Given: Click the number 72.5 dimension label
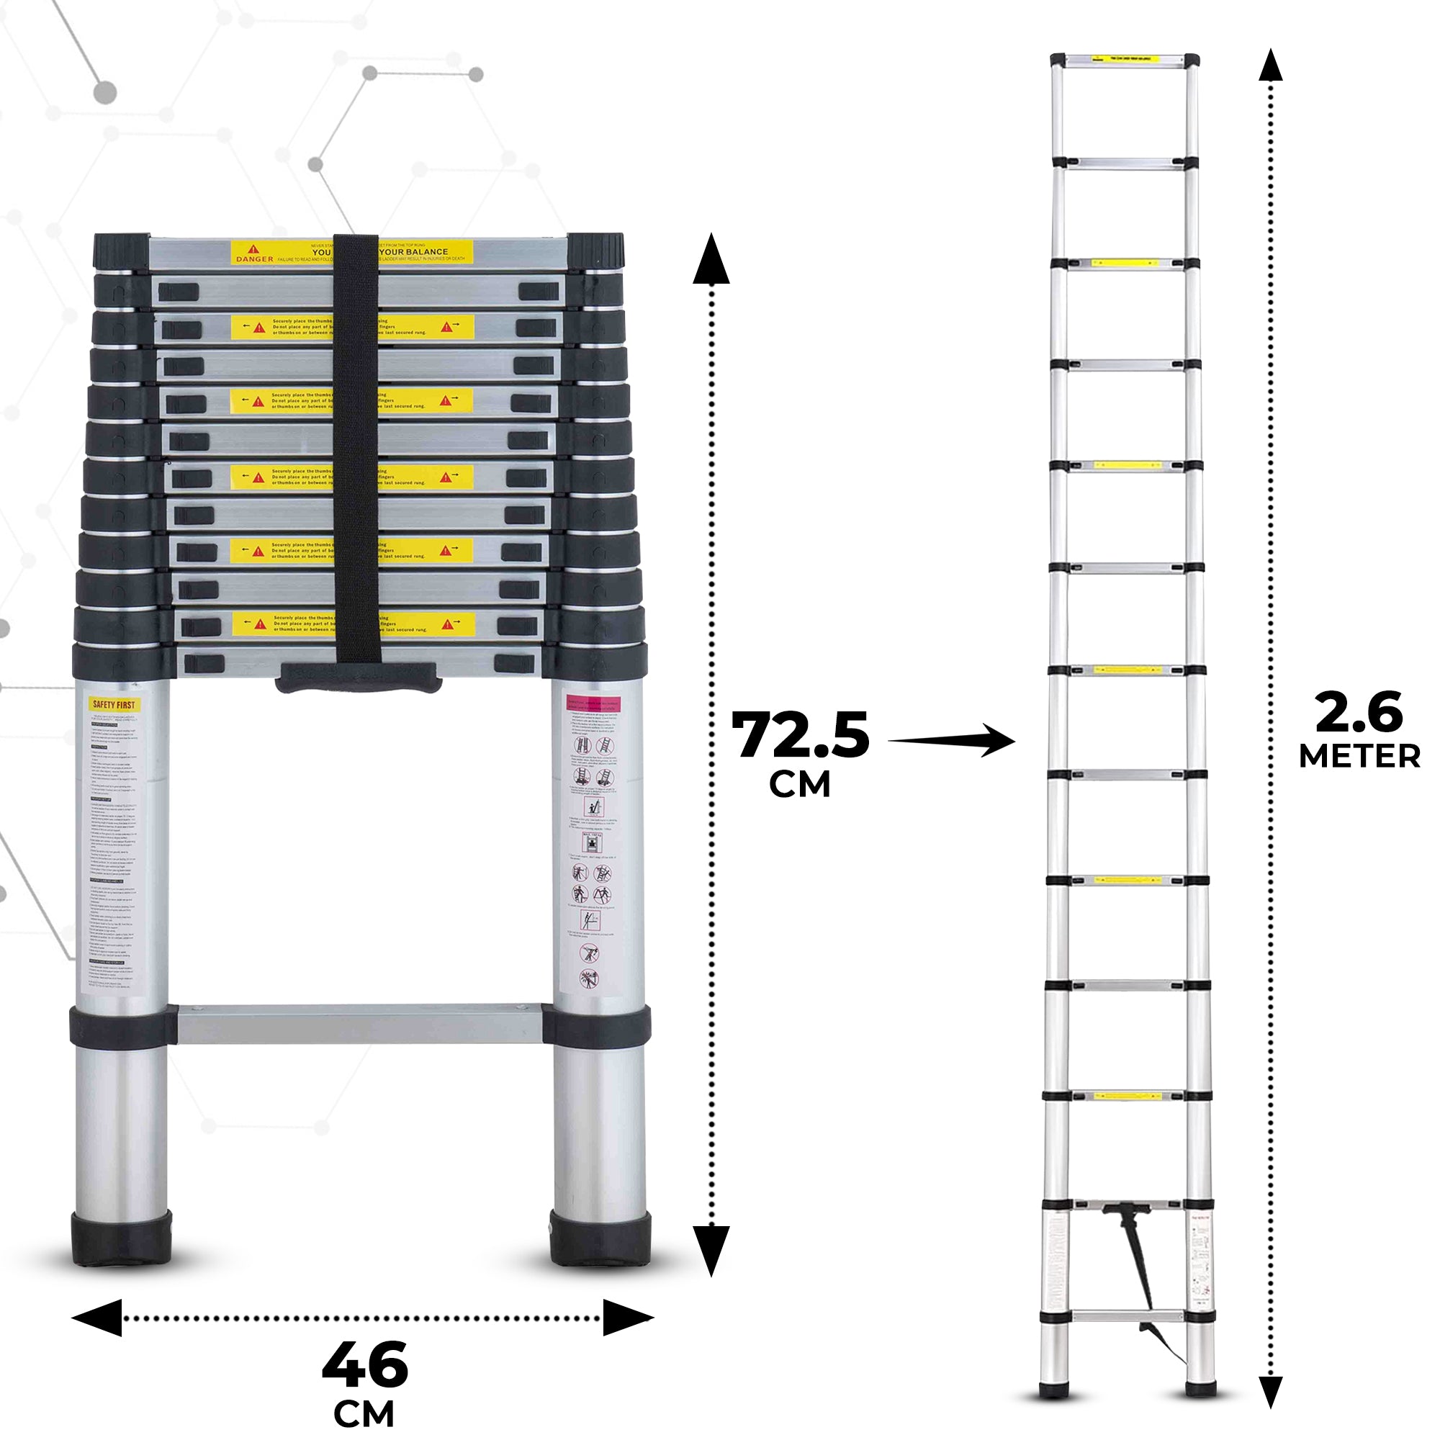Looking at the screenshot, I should (800, 737).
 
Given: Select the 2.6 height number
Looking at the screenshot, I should (1359, 714).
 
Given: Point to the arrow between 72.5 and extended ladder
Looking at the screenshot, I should (950, 741).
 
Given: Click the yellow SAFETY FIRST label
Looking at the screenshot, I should (114, 704).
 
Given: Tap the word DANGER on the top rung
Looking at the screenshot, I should (255, 258).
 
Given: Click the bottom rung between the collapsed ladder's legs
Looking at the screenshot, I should (359, 1023).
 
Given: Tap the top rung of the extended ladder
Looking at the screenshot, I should (1124, 58).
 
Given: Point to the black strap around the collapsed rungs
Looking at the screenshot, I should (357, 447).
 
